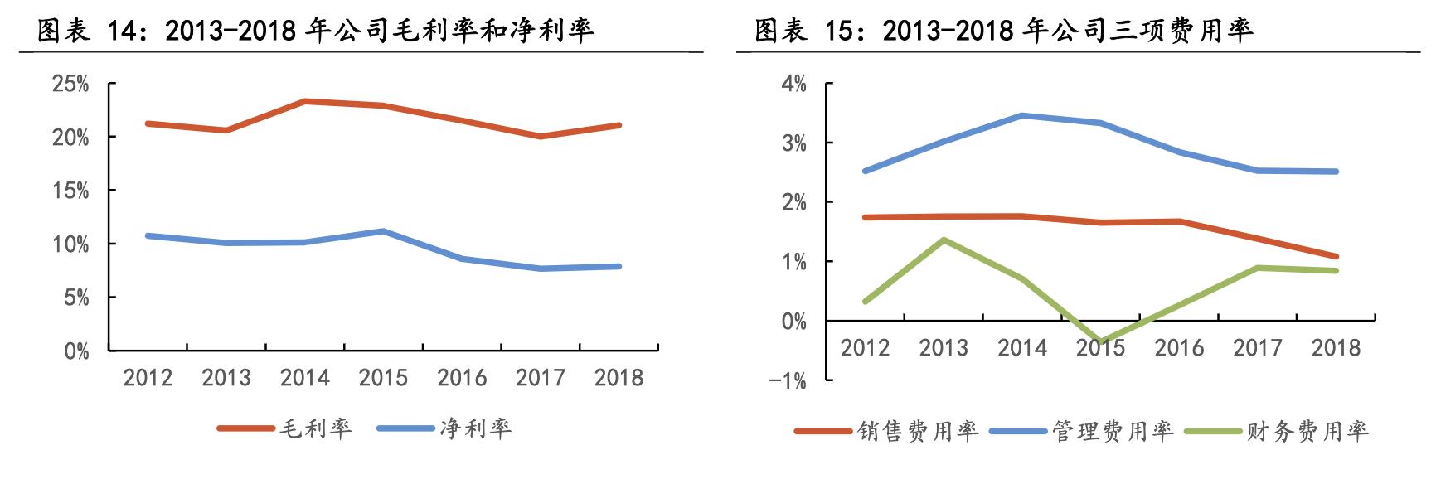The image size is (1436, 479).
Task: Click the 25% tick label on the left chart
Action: [x=70, y=84]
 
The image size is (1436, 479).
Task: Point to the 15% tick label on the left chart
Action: [x=70, y=191]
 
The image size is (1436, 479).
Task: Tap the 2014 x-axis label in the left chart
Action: [x=304, y=378]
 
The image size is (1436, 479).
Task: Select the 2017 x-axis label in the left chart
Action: [x=540, y=378]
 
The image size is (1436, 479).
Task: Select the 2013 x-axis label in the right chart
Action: [x=944, y=347]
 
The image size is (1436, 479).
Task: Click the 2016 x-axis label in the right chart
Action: [x=1179, y=347]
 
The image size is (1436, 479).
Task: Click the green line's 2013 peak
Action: [x=944, y=239]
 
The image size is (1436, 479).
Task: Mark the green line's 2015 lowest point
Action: [x=1100, y=341]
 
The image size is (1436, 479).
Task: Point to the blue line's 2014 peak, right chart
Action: [x=1021, y=115]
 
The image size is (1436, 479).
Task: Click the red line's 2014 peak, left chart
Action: [x=304, y=101]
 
